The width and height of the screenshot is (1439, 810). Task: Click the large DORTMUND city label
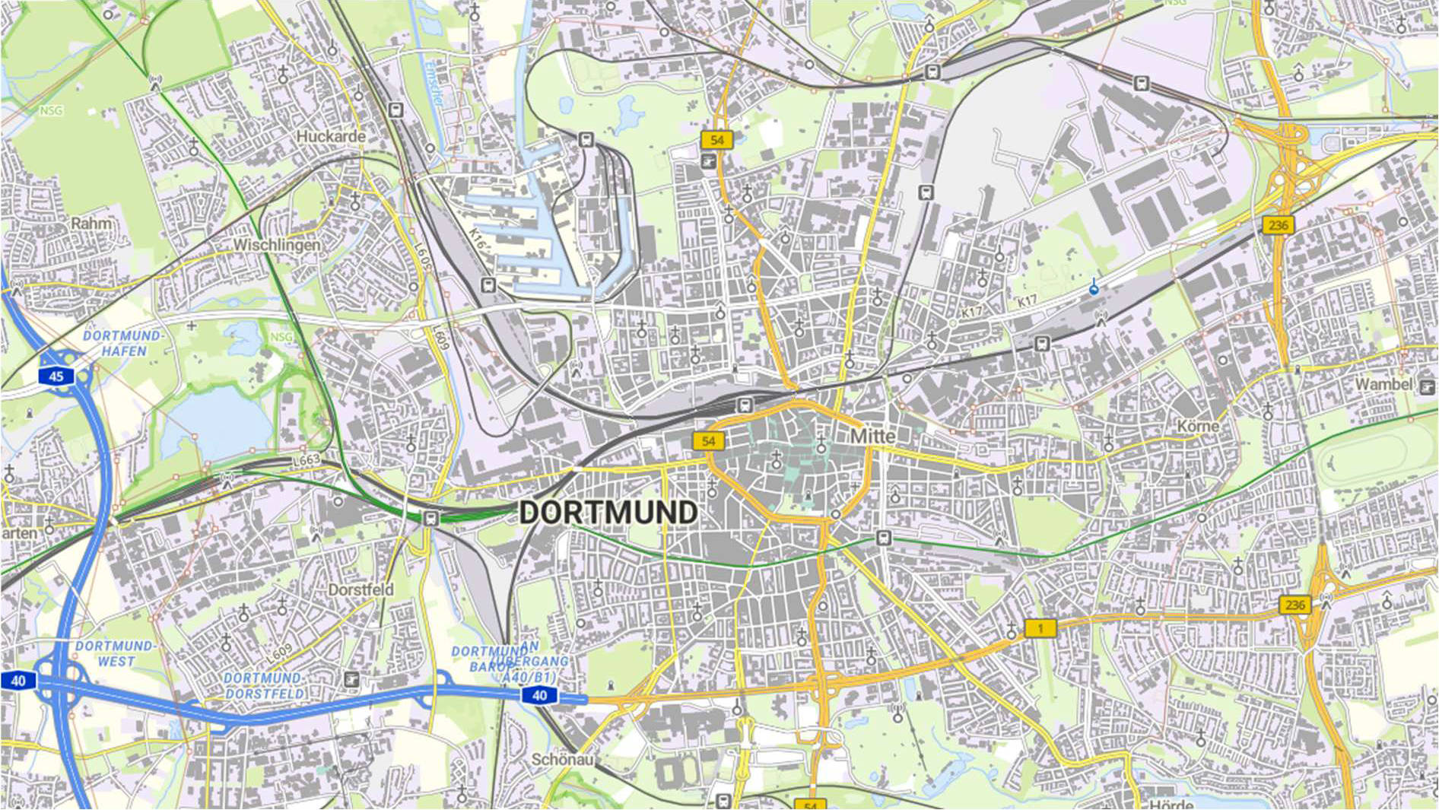pos(608,513)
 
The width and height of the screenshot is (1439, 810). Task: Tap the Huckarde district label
pos(331,136)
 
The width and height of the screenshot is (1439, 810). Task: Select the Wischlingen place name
pos(277,245)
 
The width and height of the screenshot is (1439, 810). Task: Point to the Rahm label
pos(91,224)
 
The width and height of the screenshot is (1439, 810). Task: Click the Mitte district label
pos(872,436)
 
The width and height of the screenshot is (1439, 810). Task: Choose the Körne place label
pos(1197,426)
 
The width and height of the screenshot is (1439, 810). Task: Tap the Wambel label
pos(1383,385)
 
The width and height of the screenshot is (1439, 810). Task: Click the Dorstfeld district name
pos(361,589)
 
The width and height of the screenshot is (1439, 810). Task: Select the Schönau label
pos(561,759)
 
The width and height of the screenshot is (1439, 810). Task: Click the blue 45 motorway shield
pos(56,376)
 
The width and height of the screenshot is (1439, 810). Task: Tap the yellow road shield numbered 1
pos(1040,628)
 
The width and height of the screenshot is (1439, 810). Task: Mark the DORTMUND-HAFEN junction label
pos(122,343)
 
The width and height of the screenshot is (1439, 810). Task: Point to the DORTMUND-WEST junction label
pos(115,653)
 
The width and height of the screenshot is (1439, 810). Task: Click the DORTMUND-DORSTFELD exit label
pos(264,685)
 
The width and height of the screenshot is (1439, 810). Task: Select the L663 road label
pos(307,461)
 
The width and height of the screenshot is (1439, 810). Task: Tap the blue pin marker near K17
pos(1094,287)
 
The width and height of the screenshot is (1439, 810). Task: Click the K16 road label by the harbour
pos(476,240)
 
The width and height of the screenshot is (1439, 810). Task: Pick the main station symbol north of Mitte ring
pos(746,405)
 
